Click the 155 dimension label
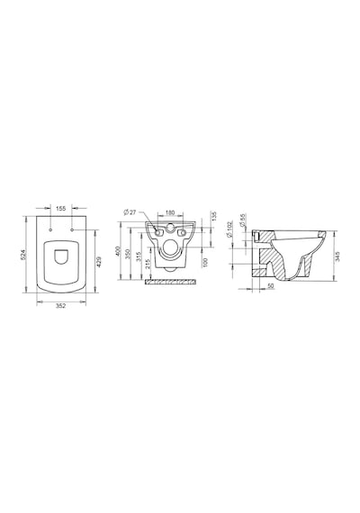[x=61, y=208]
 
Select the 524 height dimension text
[x=23, y=255]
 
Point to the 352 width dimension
[x=61, y=306]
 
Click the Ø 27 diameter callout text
[x=130, y=212]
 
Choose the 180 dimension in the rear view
[x=169, y=212]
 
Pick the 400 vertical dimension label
[x=119, y=252]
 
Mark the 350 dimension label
[x=128, y=254]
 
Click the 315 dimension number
[x=138, y=256]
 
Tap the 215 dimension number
[x=147, y=265]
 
